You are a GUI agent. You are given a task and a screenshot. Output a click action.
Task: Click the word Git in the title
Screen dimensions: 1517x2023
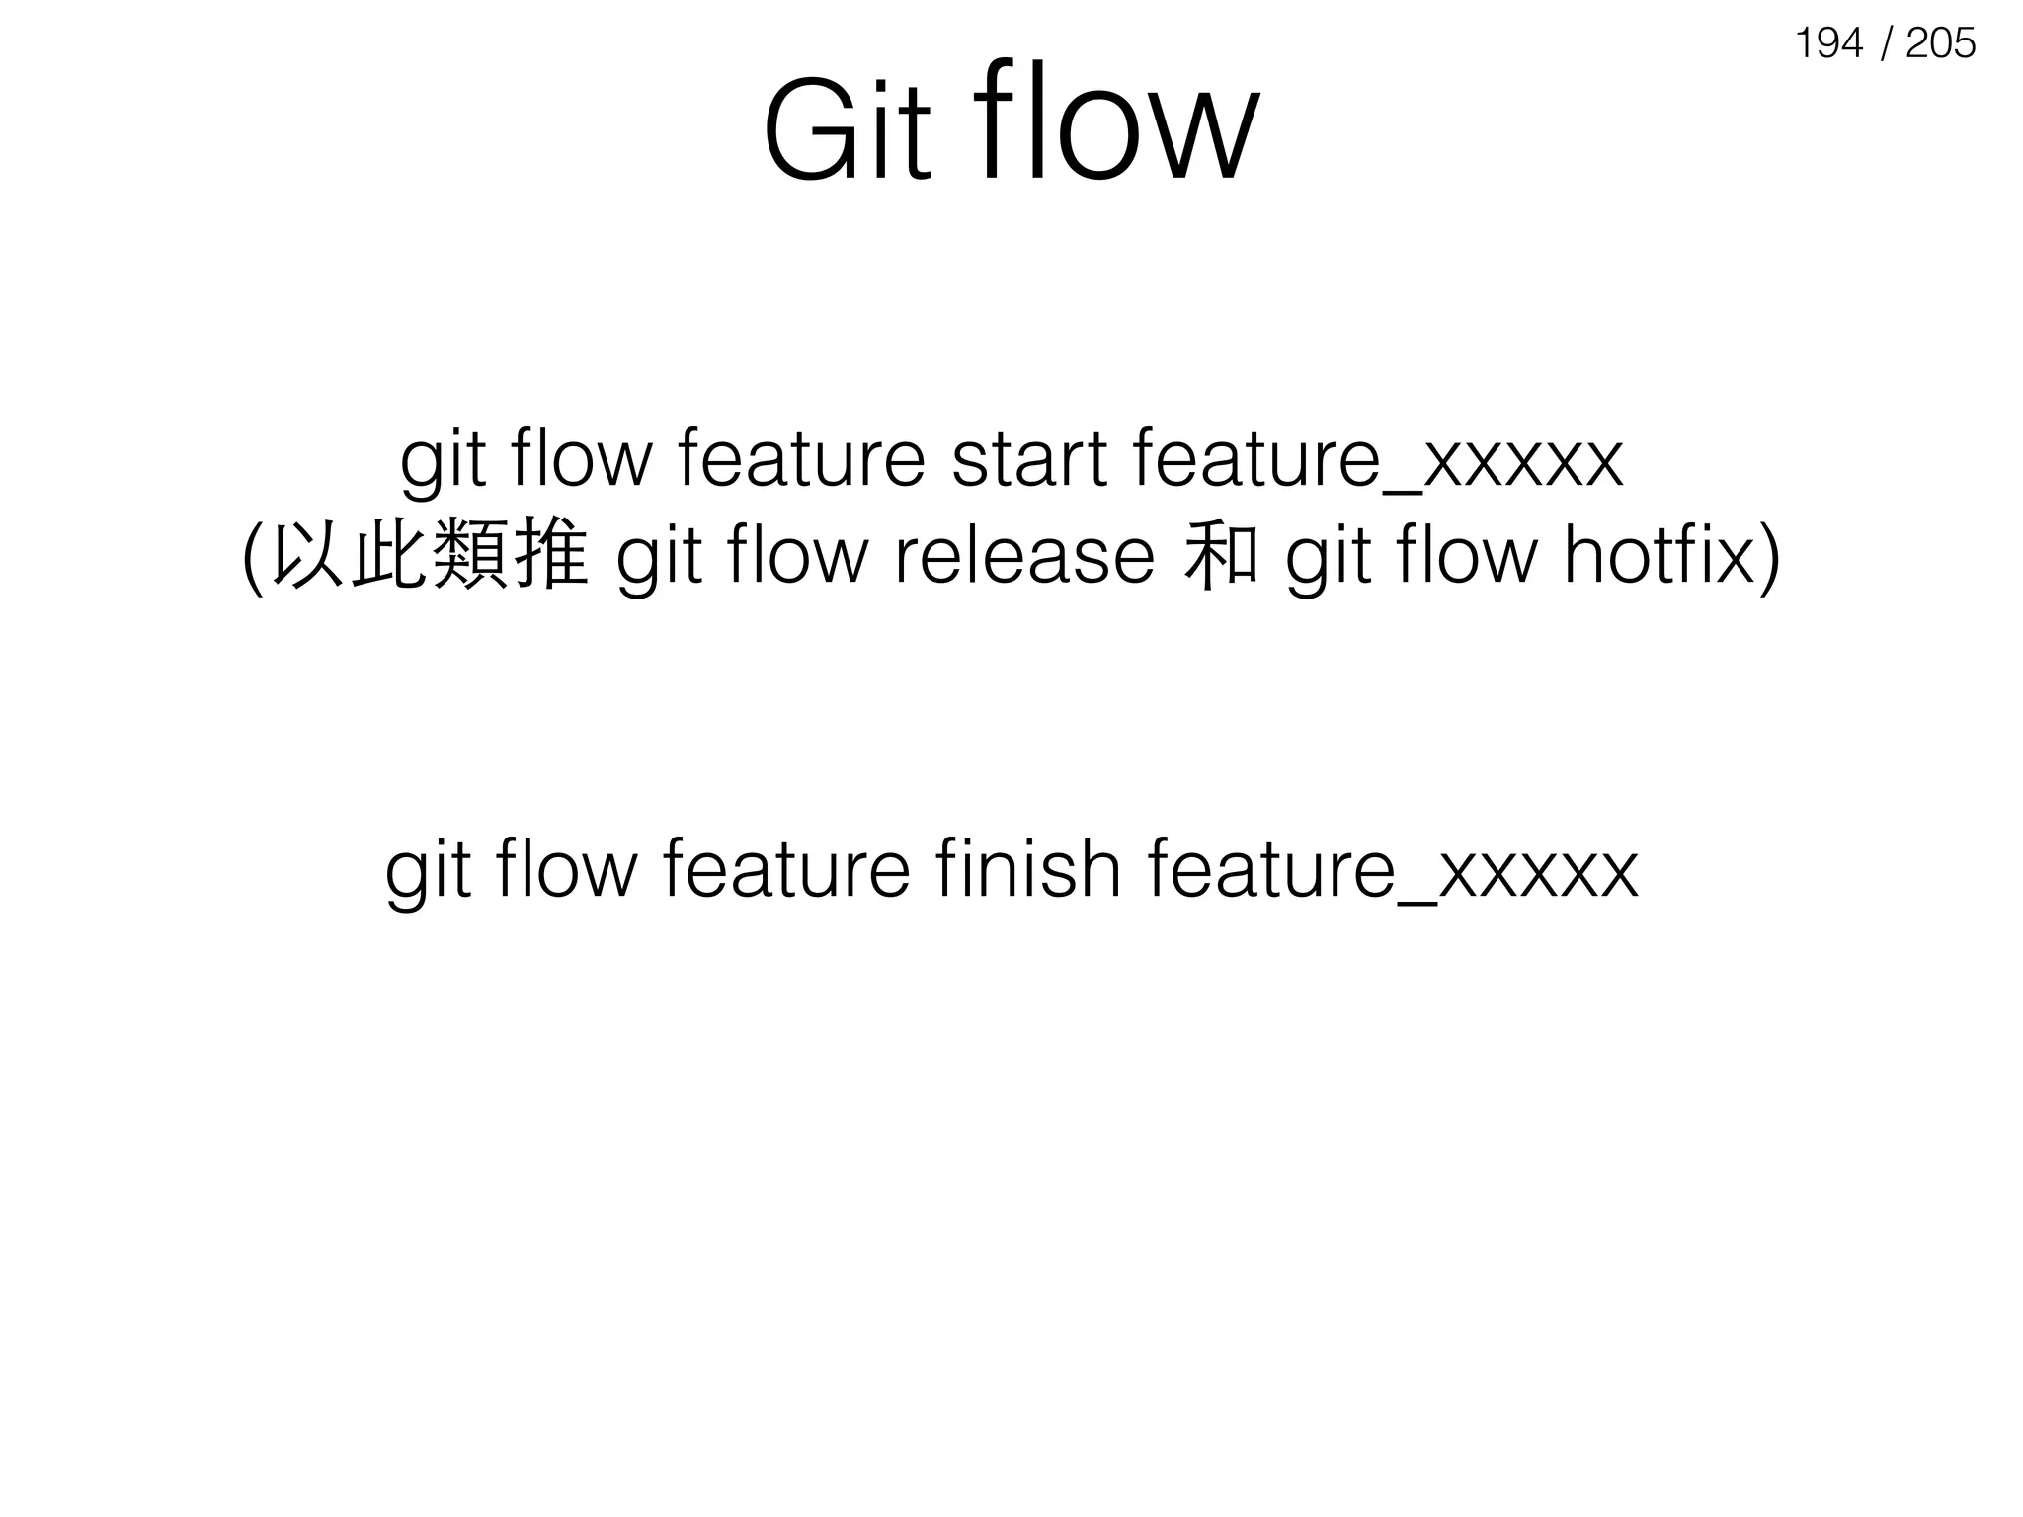point(847,131)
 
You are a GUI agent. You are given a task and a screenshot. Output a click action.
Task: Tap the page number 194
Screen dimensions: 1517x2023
point(1828,43)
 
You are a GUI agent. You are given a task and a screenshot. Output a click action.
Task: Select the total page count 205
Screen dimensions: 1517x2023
point(1940,43)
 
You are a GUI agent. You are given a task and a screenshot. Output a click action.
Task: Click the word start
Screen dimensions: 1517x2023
point(1028,460)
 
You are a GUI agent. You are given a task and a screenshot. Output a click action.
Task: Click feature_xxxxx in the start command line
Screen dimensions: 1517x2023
point(1378,460)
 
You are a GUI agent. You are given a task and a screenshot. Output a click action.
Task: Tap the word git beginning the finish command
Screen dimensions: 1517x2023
point(427,871)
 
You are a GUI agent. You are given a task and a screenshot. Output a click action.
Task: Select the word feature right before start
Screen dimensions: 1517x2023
point(801,460)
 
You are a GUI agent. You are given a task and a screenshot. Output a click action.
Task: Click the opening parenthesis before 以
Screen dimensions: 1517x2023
point(254,559)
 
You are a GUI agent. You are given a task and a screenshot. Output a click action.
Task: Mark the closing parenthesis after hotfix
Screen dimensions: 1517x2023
point(1770,559)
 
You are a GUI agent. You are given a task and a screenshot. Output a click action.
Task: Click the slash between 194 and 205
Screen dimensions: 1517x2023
point(1886,43)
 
